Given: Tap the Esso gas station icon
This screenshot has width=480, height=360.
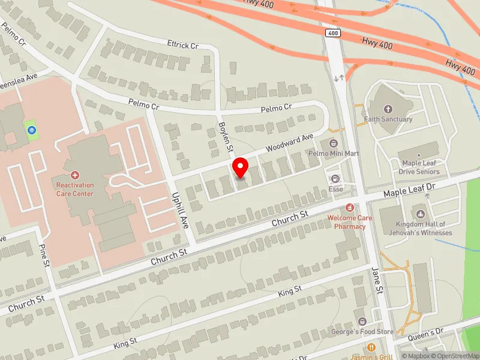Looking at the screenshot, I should coord(335,178).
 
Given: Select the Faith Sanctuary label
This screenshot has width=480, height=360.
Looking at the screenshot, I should coord(388,119).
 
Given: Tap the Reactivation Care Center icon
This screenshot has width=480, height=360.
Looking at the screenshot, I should coord(75,175).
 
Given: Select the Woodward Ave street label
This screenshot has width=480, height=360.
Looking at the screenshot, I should coord(290,141).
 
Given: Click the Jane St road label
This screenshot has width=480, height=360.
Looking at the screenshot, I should coord(377,281).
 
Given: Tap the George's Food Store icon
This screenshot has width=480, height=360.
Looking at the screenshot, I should coord(361,322).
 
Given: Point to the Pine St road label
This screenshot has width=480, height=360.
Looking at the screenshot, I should coord(44,256).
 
